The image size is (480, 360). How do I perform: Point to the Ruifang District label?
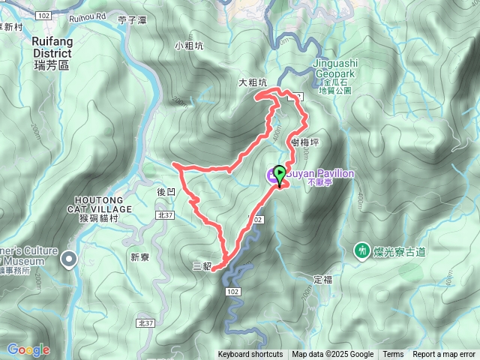(52, 54)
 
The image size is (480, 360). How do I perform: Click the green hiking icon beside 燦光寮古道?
(361, 250)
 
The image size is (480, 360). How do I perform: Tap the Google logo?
(28, 349)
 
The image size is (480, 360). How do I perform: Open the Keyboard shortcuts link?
(250, 355)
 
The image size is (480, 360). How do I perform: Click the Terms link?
(393, 355)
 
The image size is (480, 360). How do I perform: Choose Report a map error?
(444, 355)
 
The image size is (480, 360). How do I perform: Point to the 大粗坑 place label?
(252, 83)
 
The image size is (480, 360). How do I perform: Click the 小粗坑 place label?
(189, 46)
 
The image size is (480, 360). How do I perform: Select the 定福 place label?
(322, 279)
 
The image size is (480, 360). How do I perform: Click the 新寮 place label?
(140, 256)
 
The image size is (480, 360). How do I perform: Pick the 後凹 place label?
(166, 192)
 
